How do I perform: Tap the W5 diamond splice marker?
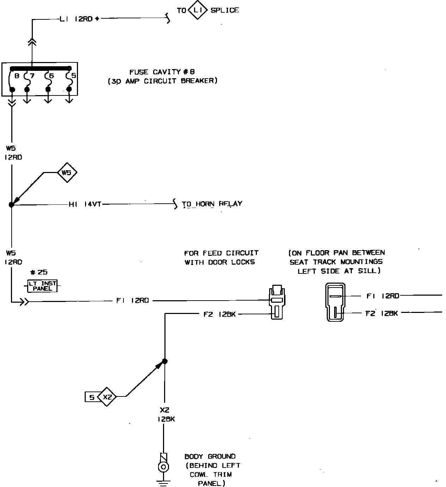tap(67, 173)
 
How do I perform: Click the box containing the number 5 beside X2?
tap(91, 397)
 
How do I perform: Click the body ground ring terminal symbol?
tap(163, 467)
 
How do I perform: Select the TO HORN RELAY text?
tap(212, 204)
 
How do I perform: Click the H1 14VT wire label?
tap(85, 204)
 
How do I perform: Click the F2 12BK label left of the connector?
tap(219, 314)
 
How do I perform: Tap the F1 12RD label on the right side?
tap(382, 296)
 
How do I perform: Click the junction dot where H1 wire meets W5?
tap(11, 204)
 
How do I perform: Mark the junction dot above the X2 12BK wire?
tap(164, 361)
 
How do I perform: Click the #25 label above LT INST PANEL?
tap(39, 272)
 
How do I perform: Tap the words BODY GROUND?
tap(210, 457)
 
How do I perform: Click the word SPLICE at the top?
tap(225, 10)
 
